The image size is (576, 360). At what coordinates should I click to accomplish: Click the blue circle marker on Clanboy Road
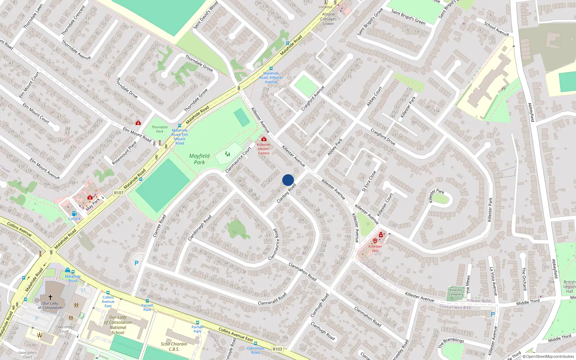pyautogui.click(x=288, y=180)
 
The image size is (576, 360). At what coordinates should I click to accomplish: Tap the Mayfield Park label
pyautogui.click(x=199, y=159)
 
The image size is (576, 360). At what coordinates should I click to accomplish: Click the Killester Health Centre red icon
pyautogui.click(x=264, y=139)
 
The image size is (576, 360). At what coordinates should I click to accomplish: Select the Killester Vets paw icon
pyautogui.click(x=375, y=240)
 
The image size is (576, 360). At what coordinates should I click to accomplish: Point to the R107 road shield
pyautogui.click(x=119, y=193)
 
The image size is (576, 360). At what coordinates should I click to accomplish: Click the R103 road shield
pyautogui.click(x=277, y=349)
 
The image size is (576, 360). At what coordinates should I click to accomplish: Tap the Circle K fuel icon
pyautogui.click(x=74, y=213)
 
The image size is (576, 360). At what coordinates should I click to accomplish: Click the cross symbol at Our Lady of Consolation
pyautogui.click(x=50, y=297)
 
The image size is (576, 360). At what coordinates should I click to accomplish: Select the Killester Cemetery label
pyautogui.click(x=456, y=292)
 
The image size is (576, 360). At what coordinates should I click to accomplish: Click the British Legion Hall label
pyautogui.click(x=569, y=287)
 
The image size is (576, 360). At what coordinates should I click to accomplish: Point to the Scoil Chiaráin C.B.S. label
pyautogui.click(x=174, y=346)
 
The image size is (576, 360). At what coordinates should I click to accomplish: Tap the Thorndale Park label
pyautogui.click(x=159, y=129)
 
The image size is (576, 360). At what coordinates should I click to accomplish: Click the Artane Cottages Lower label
pyautogui.click(x=328, y=19)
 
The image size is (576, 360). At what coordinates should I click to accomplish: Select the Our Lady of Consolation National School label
pyautogui.click(x=118, y=325)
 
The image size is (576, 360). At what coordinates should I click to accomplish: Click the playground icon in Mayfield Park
pyautogui.click(x=228, y=154)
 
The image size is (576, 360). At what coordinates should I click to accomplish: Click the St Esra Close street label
pyautogui.click(x=369, y=181)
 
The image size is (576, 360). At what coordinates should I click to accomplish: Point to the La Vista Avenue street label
pyautogui.click(x=493, y=281)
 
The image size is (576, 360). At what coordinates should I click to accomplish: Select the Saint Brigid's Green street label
pyautogui.click(x=408, y=17)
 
